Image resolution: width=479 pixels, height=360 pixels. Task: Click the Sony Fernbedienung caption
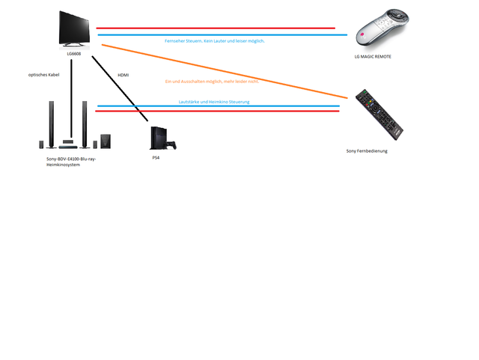367,150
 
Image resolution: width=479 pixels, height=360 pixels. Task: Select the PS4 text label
156,158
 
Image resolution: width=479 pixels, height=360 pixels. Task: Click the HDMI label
123,76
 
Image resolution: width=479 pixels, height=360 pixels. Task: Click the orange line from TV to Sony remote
225,72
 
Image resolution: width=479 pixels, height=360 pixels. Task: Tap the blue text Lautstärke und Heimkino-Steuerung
214,101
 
